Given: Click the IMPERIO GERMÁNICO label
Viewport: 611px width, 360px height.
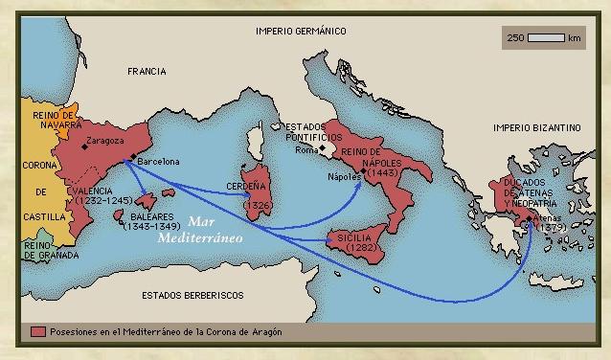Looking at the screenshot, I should click(300, 32).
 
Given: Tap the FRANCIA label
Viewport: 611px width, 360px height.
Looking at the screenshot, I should click(147, 72).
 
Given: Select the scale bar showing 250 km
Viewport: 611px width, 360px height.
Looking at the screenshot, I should click(544, 38).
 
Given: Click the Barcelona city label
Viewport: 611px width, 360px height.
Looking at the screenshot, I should click(158, 162).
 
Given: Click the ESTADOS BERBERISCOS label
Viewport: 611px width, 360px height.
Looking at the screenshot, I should click(192, 295).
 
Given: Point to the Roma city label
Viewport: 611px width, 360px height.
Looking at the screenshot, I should click(305, 150).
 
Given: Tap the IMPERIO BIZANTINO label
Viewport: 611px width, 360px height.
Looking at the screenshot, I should click(536, 126).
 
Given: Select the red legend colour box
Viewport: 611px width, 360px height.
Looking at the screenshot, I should click(38, 330).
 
